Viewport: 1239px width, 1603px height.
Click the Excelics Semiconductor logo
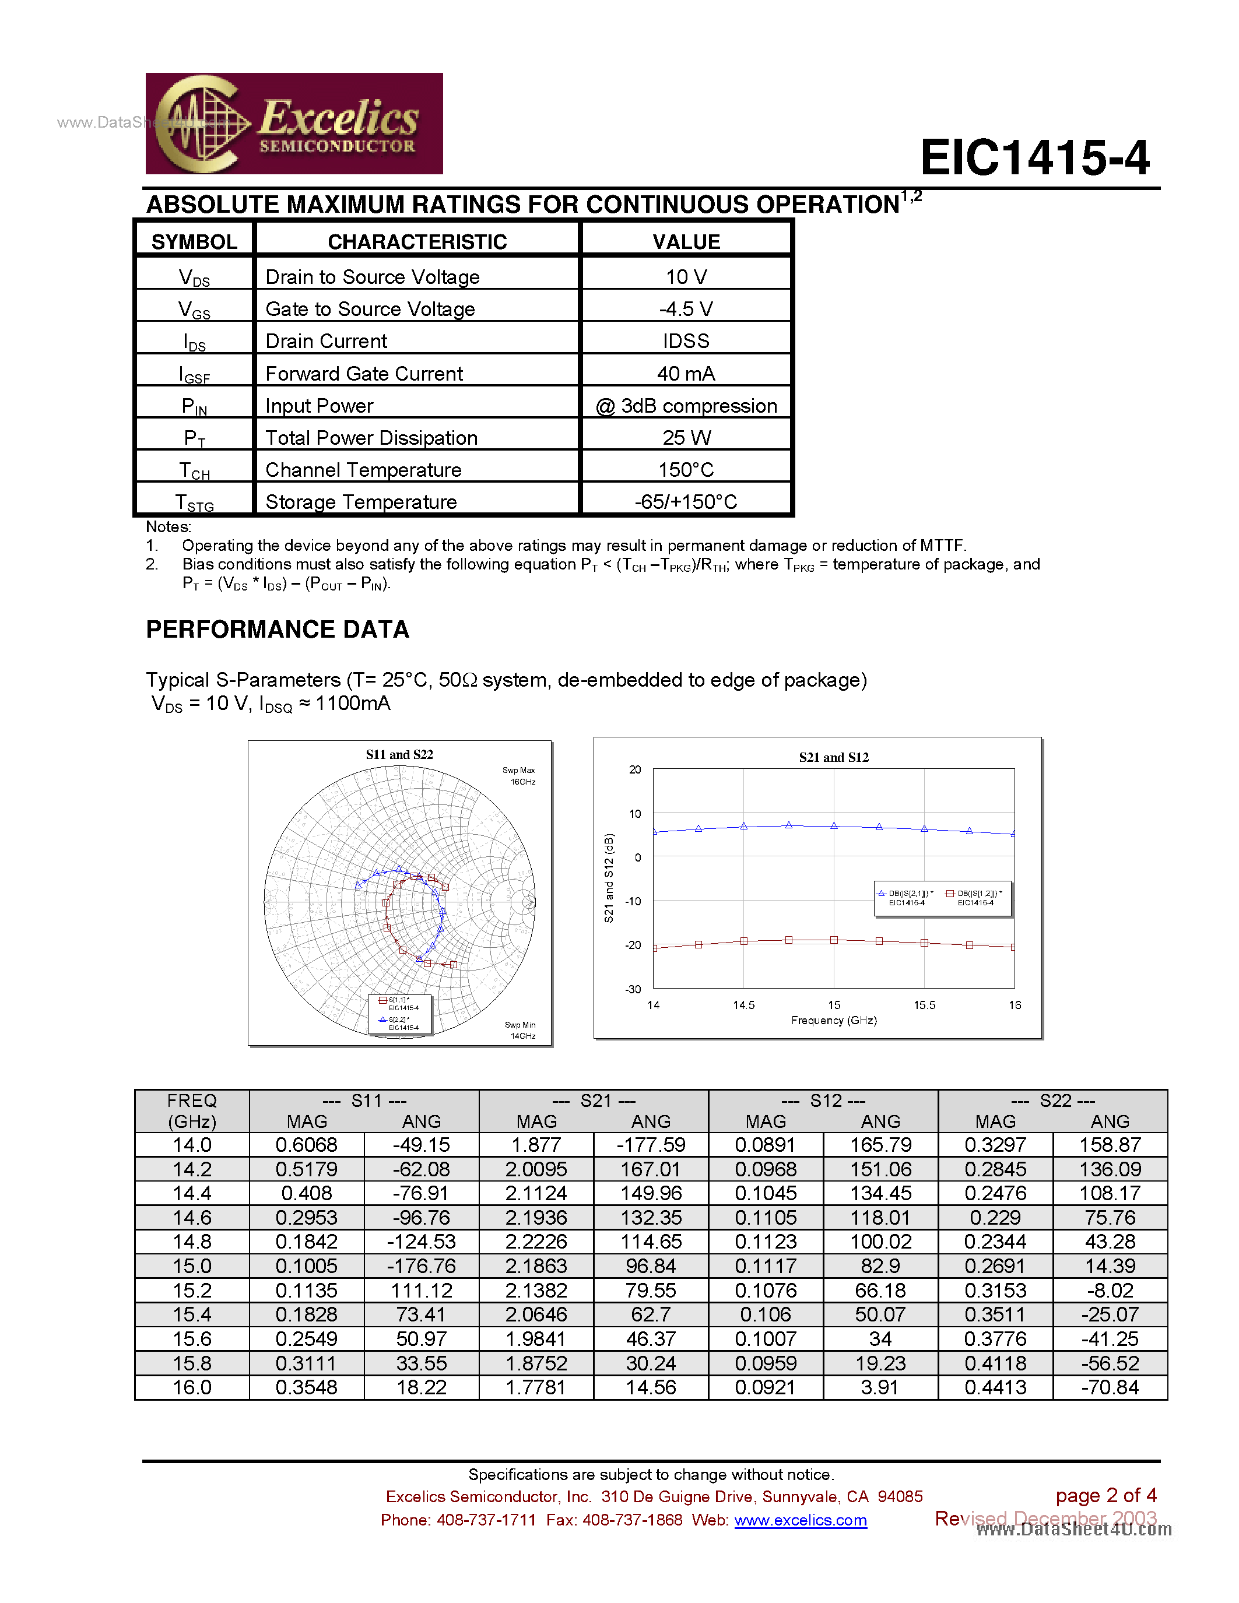pyautogui.click(x=294, y=124)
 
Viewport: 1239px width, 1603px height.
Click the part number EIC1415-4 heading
pyautogui.click(x=1034, y=158)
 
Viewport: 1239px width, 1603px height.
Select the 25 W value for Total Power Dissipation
pyautogui.click(x=686, y=438)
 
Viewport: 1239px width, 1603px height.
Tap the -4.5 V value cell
pyautogui.click(x=686, y=309)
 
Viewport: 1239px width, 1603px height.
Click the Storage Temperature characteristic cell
pyautogui.click(x=360, y=502)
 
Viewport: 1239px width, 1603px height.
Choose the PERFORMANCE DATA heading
pyautogui.click(x=278, y=630)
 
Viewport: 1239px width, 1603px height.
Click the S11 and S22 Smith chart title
pyautogui.click(x=399, y=754)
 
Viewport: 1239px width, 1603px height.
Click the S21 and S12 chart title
pyautogui.click(x=833, y=757)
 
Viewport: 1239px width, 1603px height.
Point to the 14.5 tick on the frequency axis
pyautogui.click(x=743, y=1005)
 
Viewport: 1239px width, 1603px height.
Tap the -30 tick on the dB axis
pyautogui.click(x=633, y=989)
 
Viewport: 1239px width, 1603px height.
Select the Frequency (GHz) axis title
pyautogui.click(x=833, y=1020)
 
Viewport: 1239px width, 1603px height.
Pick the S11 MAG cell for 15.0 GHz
pyautogui.click(x=306, y=1266)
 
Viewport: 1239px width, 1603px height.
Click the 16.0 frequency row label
pyautogui.click(x=192, y=1387)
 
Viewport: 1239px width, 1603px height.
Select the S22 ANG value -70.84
pyautogui.click(x=1109, y=1387)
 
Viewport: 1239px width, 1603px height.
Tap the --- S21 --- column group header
pyautogui.click(x=593, y=1101)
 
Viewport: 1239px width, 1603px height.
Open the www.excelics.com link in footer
pyautogui.click(x=800, y=1520)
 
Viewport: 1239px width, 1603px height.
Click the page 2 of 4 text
pyautogui.click(x=1105, y=1496)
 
